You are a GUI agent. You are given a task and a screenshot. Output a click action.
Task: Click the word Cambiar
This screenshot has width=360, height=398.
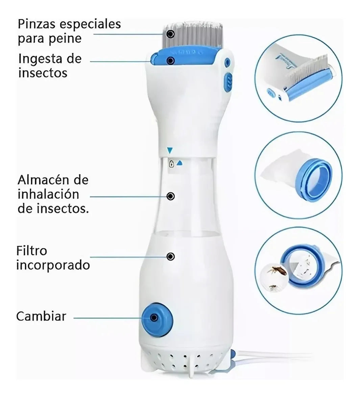pyautogui.click(x=41, y=316)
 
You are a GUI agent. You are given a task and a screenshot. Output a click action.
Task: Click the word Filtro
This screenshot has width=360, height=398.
pyautogui.click(x=31, y=251)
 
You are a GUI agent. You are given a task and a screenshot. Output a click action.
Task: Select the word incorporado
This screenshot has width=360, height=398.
pyautogui.click(x=53, y=265)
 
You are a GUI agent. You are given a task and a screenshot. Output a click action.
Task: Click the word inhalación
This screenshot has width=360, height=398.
pyautogui.click(x=48, y=194)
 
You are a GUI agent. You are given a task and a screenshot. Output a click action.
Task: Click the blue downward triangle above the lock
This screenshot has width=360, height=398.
pyautogui.click(x=170, y=150)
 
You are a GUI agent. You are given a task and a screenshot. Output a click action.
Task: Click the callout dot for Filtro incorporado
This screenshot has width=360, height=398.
pyautogui.click(x=171, y=257)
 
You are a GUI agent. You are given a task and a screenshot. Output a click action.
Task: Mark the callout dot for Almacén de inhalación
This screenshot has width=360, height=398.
pyautogui.click(x=171, y=196)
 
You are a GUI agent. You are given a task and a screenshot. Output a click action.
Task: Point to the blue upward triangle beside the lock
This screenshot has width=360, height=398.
pyautogui.click(x=180, y=163)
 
